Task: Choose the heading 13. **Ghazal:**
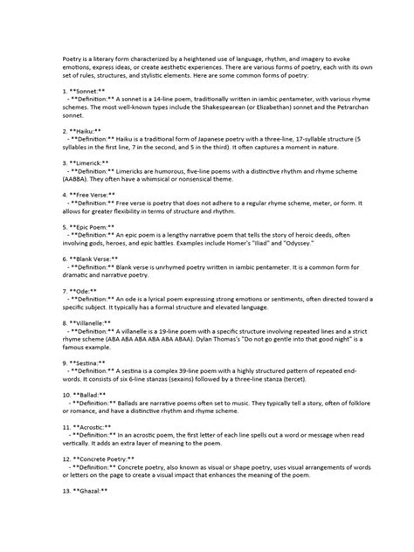pos(79,491)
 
